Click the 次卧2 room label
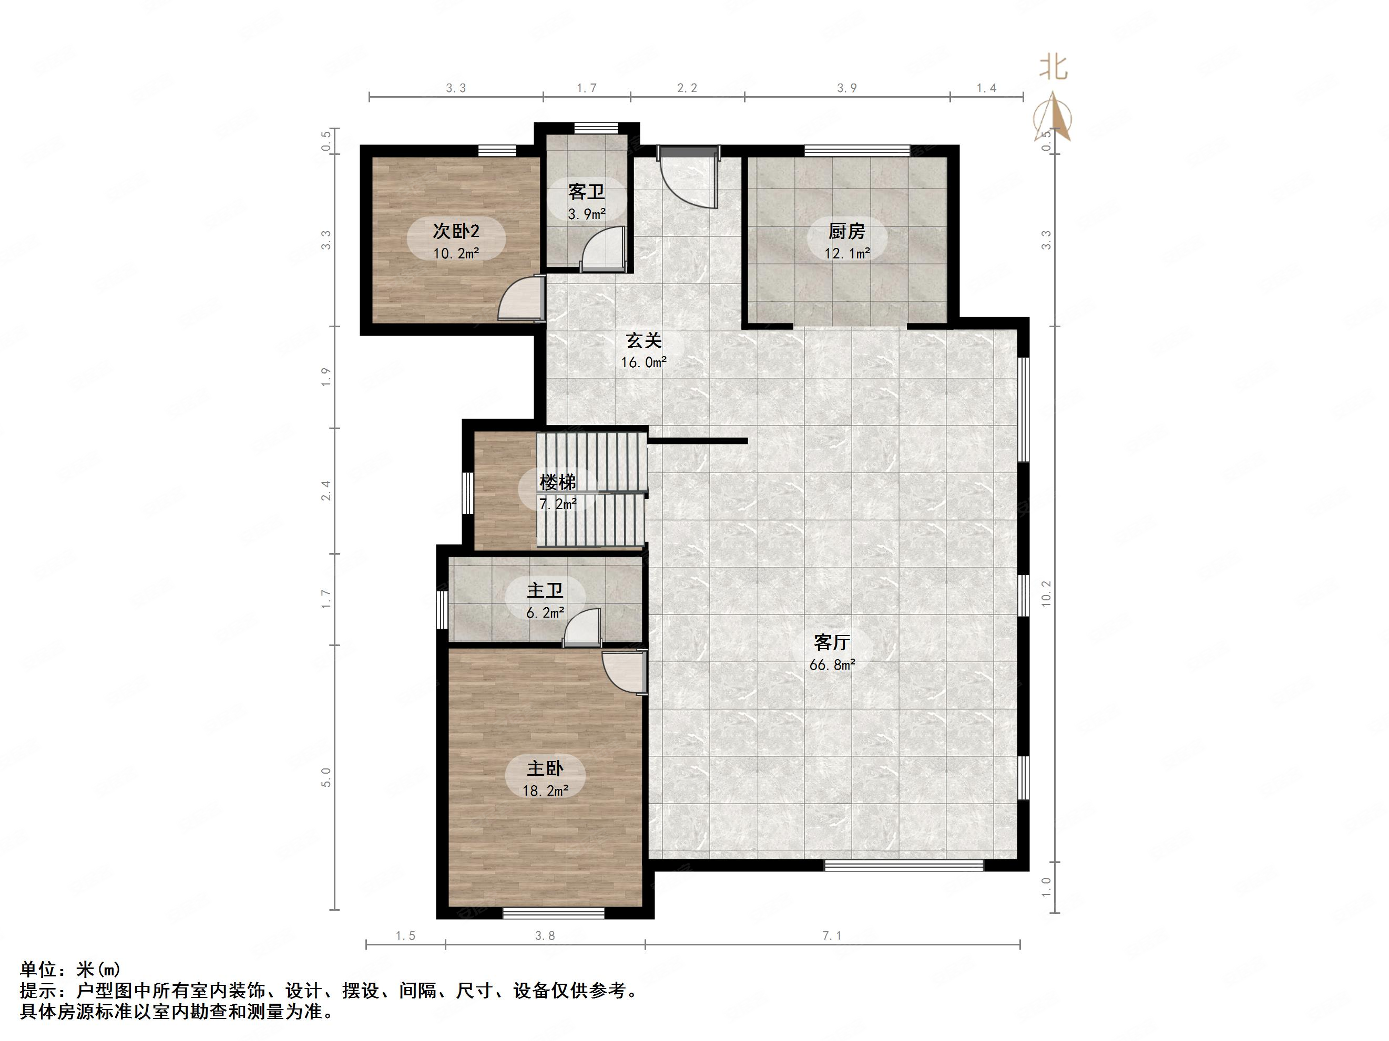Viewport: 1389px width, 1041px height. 456,232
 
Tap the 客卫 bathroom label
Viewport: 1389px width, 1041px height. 587,191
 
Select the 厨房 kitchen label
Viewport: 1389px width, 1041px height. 846,232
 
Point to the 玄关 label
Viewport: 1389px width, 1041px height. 644,341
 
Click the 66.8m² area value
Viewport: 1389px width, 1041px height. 832,664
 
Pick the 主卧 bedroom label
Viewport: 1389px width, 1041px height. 545,769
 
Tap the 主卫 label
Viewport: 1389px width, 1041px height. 545,590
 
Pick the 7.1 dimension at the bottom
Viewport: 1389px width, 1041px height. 832,935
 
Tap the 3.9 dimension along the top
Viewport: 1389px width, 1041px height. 846,88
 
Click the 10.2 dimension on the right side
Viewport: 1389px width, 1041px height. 1046,593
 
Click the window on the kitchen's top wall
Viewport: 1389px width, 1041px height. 856,150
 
